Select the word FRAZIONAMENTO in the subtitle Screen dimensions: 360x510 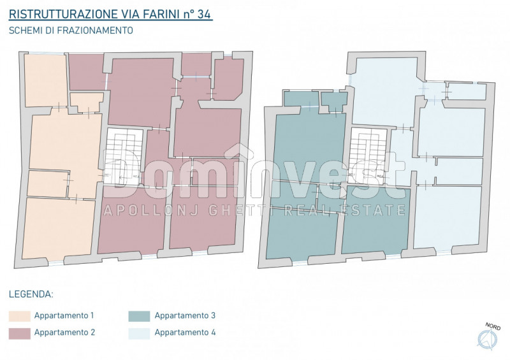point(92,30)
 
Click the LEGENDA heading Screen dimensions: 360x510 point(31,295)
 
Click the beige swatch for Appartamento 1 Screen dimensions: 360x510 point(19,316)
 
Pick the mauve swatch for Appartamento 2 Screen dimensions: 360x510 point(19,333)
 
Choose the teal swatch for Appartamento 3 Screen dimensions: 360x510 point(139,316)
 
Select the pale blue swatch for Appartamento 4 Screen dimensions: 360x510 point(139,333)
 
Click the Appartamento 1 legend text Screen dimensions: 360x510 point(64,316)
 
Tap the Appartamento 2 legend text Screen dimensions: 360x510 point(64,333)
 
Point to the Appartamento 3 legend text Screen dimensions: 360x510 point(185,316)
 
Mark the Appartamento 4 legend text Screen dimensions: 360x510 point(185,333)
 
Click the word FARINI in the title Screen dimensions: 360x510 point(166,13)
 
